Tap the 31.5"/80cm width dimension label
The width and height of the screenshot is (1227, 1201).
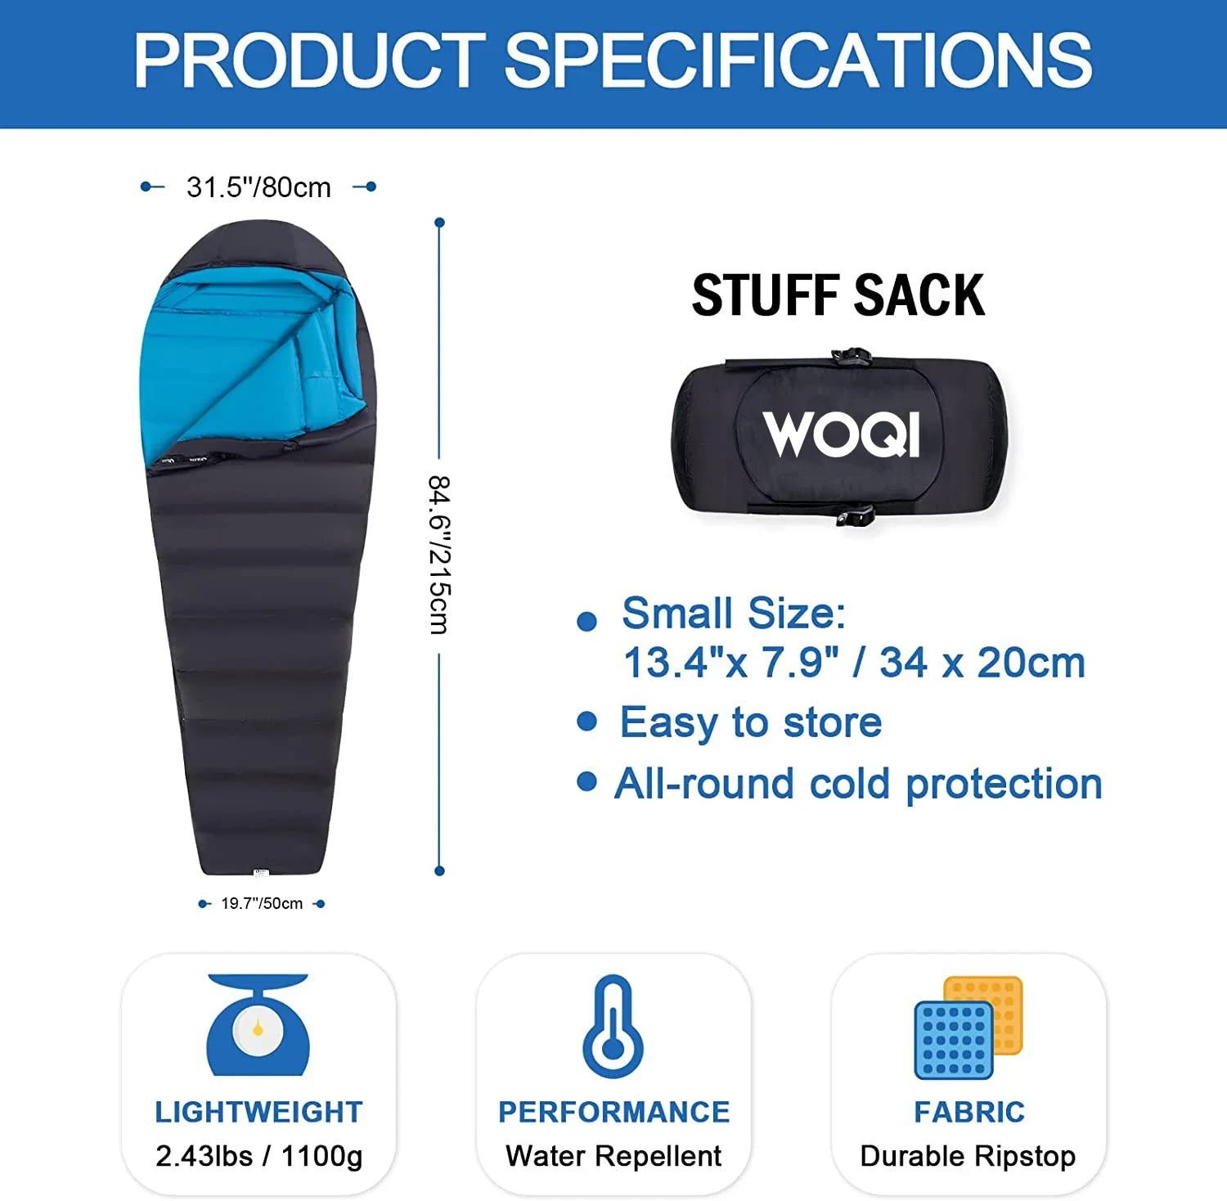point(258,187)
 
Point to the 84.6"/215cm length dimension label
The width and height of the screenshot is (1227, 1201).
point(439,555)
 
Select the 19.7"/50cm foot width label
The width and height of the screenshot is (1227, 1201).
point(262,903)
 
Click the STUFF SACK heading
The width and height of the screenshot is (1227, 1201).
point(838,295)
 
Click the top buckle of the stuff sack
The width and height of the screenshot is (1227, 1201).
point(852,357)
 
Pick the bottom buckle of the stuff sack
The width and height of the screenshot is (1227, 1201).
point(856,515)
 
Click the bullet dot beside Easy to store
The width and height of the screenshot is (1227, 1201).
point(587,721)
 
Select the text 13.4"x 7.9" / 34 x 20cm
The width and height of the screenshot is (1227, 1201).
point(854,662)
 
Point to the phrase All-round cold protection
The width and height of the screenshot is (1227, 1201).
point(859,784)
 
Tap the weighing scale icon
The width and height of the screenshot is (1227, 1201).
point(258,1024)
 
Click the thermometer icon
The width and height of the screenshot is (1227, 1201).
point(613,1026)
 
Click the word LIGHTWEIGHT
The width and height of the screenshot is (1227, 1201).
point(258,1112)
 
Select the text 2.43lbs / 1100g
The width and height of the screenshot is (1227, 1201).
point(258,1156)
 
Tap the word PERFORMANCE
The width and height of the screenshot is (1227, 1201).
point(613,1112)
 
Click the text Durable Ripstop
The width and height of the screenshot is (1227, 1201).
point(969,1156)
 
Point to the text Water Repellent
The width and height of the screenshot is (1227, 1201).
point(613,1156)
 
